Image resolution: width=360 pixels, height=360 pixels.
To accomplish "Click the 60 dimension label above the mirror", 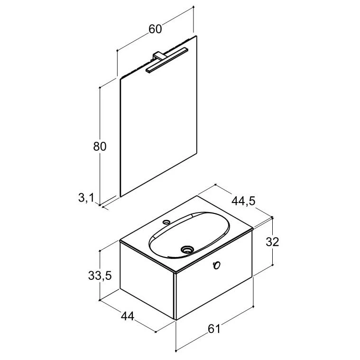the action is [x=155, y=29].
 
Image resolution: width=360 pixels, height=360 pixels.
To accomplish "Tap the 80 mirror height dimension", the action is [x=100, y=147].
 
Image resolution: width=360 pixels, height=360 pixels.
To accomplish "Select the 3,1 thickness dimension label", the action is [x=86, y=198].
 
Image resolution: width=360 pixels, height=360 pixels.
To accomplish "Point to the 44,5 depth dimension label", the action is [x=243, y=202].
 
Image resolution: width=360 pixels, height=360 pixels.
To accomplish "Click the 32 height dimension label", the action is [x=272, y=242].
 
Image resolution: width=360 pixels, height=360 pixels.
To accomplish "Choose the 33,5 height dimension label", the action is [x=100, y=276].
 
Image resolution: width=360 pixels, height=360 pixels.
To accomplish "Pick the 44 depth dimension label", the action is [x=128, y=316].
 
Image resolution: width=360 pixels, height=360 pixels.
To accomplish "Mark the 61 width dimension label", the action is [x=214, y=329].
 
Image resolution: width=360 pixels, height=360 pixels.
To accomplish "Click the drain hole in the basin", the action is [x=187, y=249].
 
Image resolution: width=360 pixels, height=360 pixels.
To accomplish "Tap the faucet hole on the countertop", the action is [x=166, y=222].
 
